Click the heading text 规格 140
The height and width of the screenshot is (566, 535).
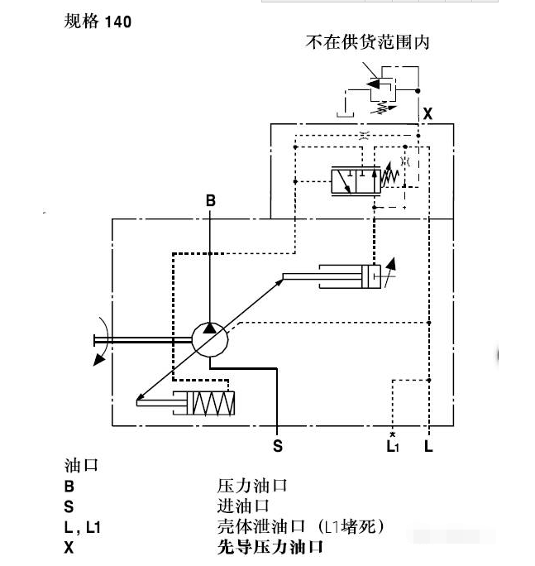coord(98,22)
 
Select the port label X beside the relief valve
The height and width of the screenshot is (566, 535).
coord(428,114)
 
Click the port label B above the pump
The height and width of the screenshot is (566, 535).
coord(211,200)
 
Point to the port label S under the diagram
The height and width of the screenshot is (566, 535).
coord(278,446)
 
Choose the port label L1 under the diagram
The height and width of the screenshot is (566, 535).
coord(393,446)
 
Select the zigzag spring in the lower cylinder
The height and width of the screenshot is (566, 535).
coord(211,404)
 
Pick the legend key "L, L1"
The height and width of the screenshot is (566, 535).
coord(82,526)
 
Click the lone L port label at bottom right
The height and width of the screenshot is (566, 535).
coord(428,446)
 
